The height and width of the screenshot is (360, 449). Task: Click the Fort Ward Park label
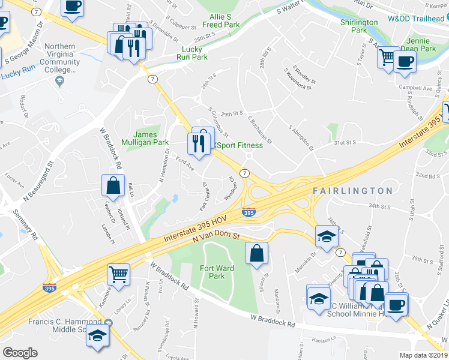[212, 272]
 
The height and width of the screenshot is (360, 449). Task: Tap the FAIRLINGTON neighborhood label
[352, 191]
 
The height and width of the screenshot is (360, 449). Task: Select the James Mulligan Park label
[150, 139]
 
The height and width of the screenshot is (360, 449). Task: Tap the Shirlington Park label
[358, 26]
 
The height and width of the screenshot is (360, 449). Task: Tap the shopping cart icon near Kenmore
[118, 274]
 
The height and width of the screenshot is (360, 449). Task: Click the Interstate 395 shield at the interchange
[248, 212]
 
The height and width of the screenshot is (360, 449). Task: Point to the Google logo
[20, 353]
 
